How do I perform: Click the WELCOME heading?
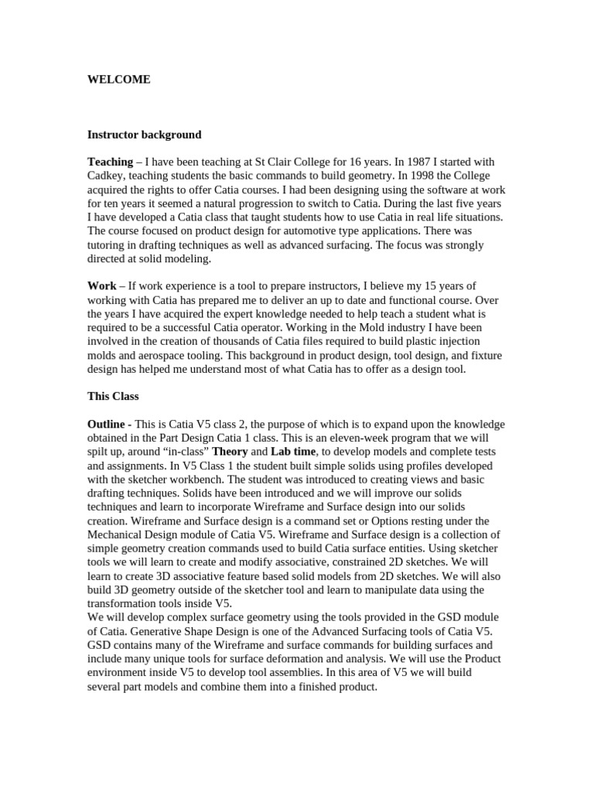click(118, 80)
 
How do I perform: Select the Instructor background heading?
click(144, 135)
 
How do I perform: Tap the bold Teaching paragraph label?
click(111, 162)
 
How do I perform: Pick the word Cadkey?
click(107, 176)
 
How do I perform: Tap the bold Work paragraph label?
click(102, 286)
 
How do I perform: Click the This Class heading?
click(113, 397)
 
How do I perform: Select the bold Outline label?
click(109, 425)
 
